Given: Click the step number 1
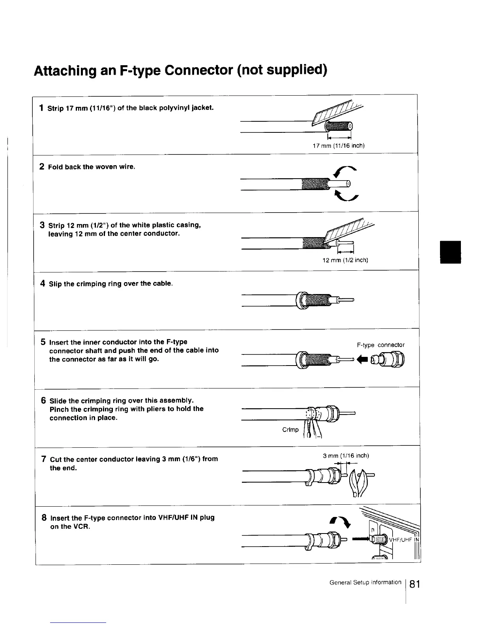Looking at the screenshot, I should click(41, 107).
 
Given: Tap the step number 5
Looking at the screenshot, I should click(43, 342).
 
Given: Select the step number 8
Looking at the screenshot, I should click(45, 517).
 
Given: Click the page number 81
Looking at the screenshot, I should click(415, 584).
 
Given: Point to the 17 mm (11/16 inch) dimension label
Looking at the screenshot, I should click(338, 146).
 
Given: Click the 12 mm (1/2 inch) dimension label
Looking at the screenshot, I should click(345, 260).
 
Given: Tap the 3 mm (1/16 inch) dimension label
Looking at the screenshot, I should click(346, 456).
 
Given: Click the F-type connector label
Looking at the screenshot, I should click(380, 345).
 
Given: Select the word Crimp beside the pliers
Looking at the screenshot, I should click(290, 430).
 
